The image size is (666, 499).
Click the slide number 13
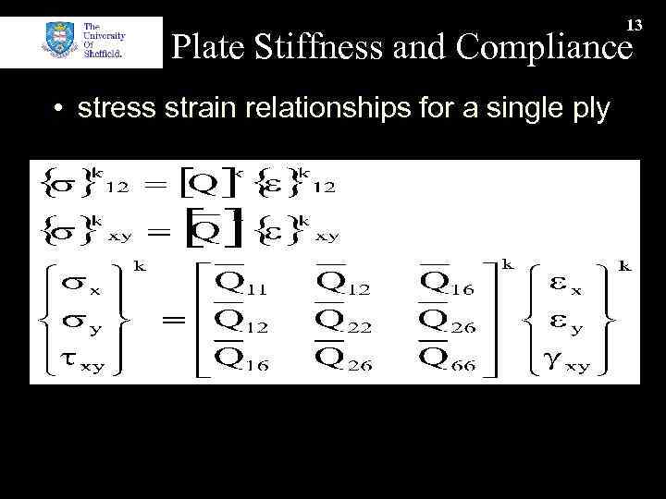(x=634, y=24)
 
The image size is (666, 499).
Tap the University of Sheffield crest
(x=61, y=43)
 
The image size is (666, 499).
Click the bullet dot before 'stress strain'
(x=58, y=111)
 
